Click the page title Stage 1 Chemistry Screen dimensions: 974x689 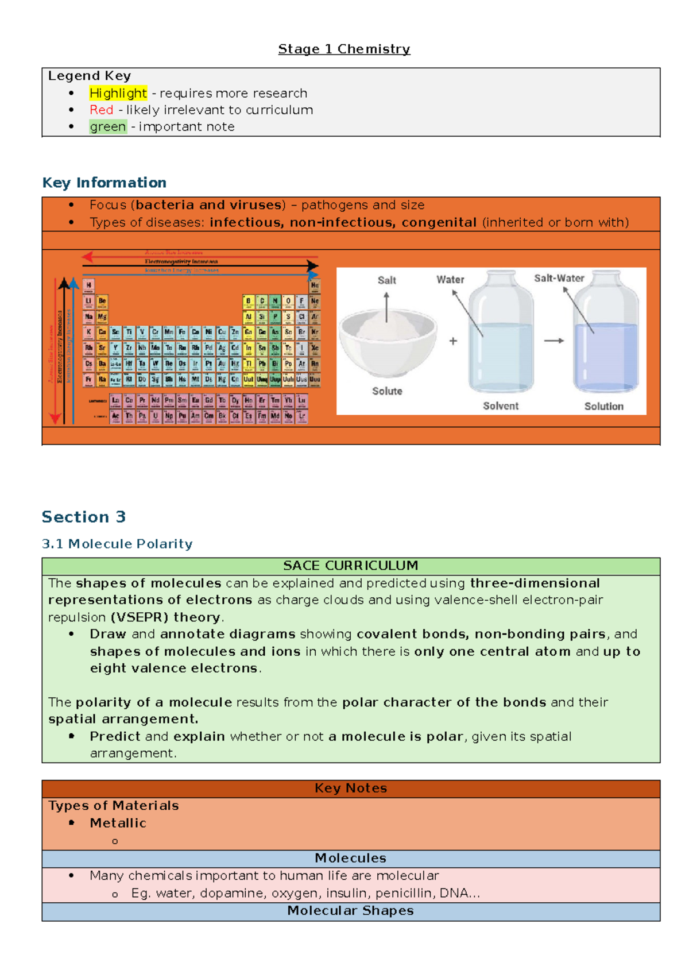coord(344,49)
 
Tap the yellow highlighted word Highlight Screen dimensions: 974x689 coord(118,93)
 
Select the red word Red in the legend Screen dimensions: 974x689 coord(101,110)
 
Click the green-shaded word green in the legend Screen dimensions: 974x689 coord(107,126)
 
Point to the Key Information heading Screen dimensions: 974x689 coord(104,183)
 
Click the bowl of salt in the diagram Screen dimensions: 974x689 coord(388,339)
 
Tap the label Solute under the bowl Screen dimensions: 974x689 coord(387,391)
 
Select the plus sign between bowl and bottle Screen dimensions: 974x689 coord(453,341)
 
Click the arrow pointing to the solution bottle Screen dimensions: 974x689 coord(554,341)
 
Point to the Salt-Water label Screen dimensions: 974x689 coord(559,279)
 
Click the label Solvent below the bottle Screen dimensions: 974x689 coord(500,406)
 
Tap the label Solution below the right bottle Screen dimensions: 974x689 coord(603,406)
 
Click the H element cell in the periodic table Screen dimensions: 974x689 coord(88,285)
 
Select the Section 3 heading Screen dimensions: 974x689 coord(84,517)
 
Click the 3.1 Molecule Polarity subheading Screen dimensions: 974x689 coord(117,544)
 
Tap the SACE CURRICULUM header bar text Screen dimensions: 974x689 coord(350,566)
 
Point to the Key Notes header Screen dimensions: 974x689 coord(350,789)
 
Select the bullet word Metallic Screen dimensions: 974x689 coord(118,823)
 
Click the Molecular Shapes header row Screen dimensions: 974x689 coord(350,911)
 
